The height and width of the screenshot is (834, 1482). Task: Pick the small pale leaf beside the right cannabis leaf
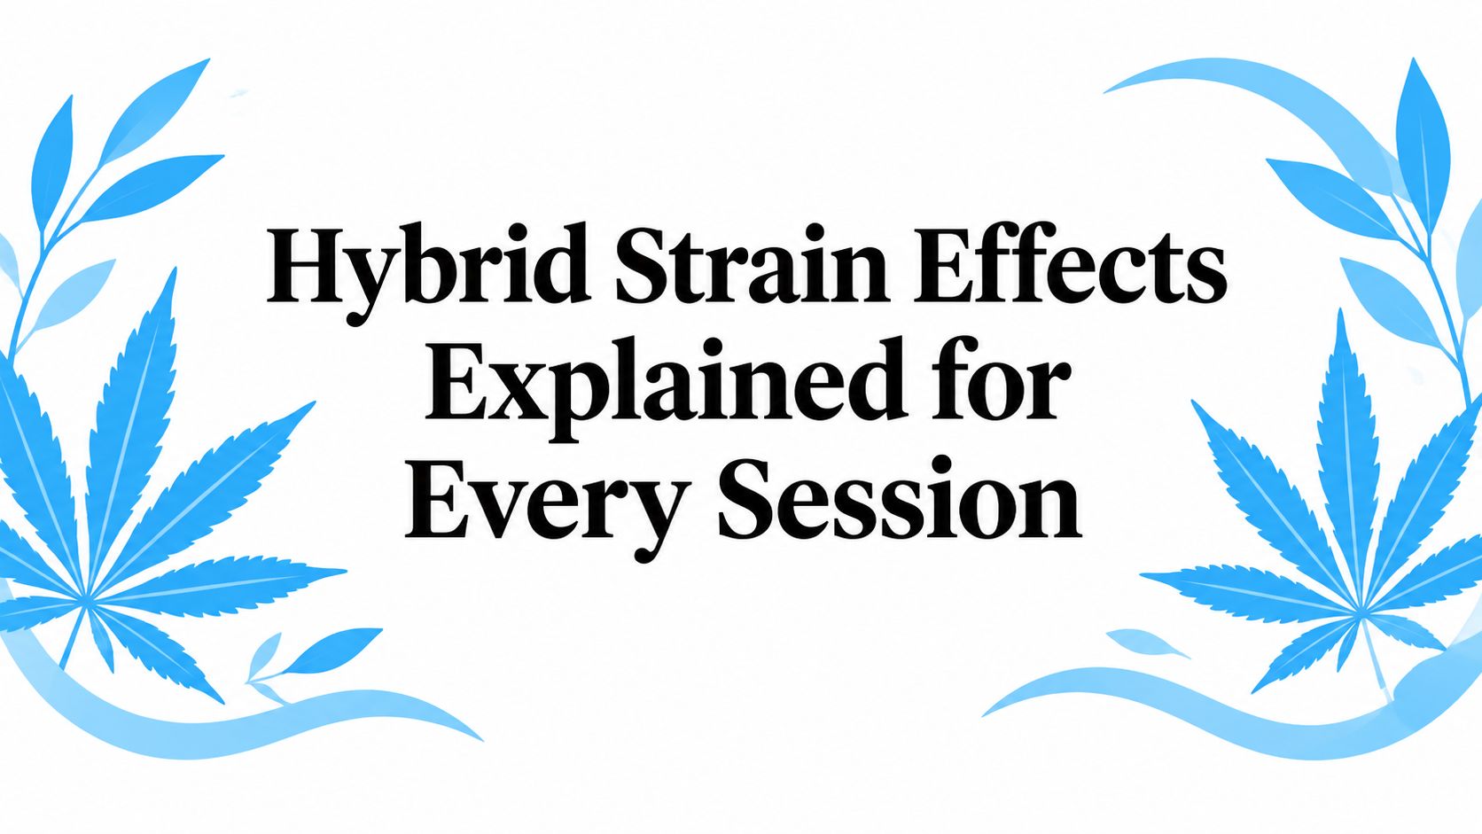point(1147,643)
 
